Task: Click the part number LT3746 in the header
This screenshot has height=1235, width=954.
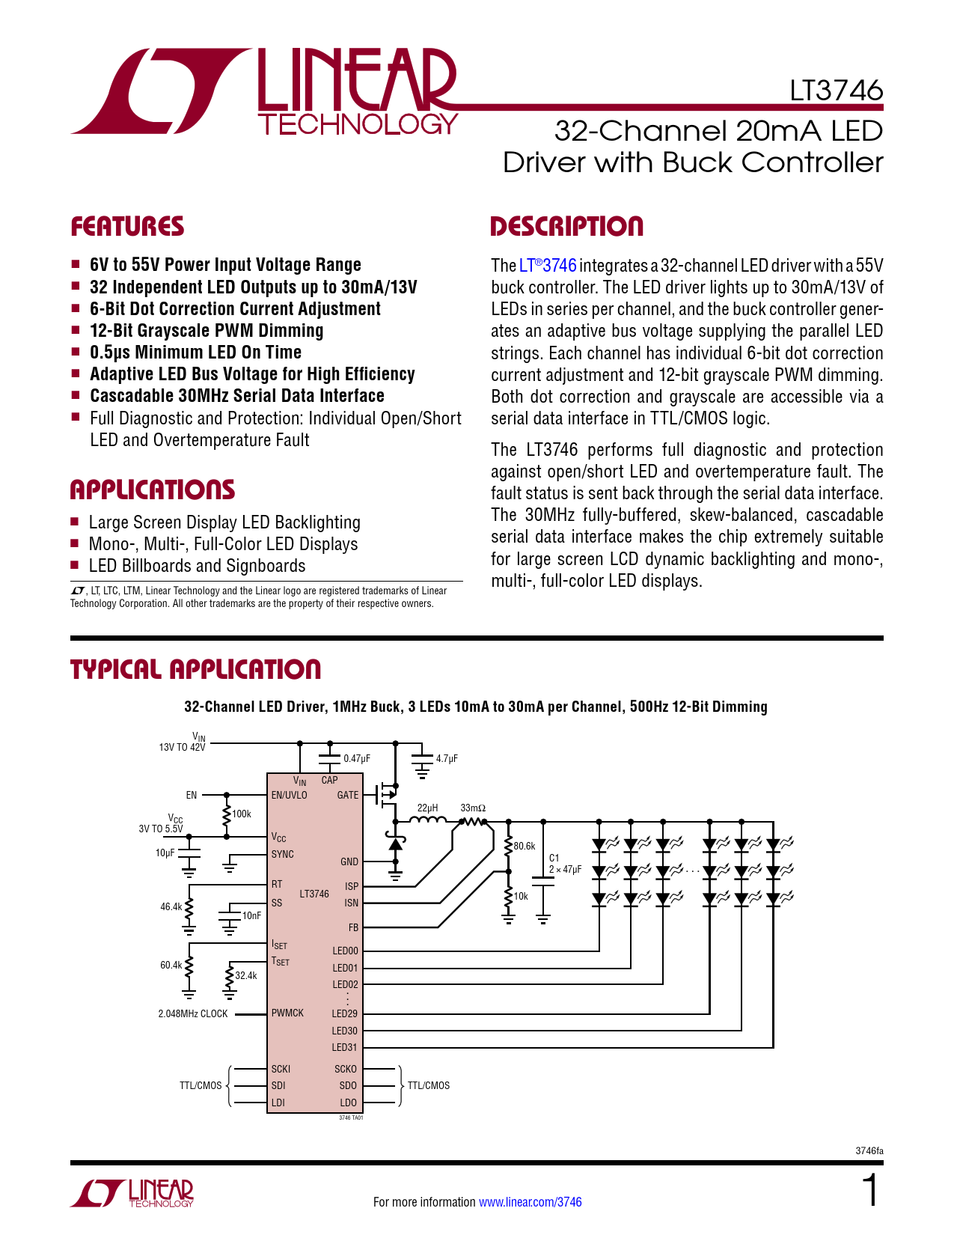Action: [836, 91]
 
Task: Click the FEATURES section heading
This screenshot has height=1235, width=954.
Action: [127, 227]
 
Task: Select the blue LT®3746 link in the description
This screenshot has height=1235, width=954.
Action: [548, 266]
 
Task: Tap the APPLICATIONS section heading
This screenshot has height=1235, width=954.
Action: [152, 490]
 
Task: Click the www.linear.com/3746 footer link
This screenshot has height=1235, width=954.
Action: [530, 1202]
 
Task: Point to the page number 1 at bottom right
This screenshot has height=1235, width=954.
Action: [870, 1191]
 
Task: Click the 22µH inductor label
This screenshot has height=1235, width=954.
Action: [427, 808]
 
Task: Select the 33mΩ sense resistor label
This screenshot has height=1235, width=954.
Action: [473, 808]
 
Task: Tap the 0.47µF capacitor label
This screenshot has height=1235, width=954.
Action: [357, 759]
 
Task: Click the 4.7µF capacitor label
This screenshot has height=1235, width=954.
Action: [447, 759]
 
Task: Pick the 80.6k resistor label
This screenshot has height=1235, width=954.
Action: [525, 847]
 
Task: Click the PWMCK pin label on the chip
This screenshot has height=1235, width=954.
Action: [287, 1013]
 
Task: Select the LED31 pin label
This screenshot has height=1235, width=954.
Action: [345, 1048]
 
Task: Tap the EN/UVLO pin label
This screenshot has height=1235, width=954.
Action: [289, 796]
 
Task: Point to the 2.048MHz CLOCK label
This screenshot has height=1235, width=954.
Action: [193, 1014]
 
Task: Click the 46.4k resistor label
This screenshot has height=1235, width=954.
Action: [171, 907]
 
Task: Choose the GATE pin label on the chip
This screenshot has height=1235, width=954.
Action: [348, 796]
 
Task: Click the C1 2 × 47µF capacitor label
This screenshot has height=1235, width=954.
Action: [565, 864]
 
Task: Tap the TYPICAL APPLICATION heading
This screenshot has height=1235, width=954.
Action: [195, 670]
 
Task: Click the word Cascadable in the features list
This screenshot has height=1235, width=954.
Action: [132, 396]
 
